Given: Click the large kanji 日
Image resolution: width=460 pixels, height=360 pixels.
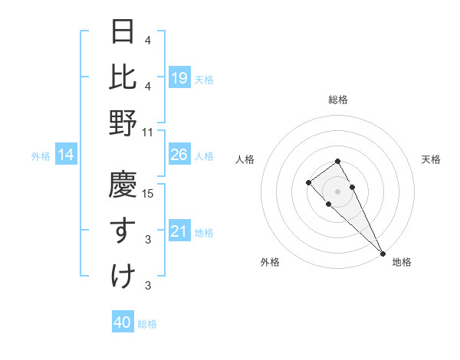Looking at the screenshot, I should (x=123, y=32).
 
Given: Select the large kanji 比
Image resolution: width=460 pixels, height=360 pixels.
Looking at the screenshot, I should (x=123, y=77).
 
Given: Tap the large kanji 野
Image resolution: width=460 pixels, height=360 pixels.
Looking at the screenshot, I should (x=123, y=123).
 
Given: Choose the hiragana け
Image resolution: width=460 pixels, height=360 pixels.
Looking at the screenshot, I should (x=123, y=275).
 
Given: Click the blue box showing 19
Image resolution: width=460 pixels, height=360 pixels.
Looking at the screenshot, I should (x=179, y=77).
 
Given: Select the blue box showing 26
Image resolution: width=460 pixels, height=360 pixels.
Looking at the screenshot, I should (x=179, y=155).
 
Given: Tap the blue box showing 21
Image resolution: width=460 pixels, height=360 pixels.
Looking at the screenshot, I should (x=179, y=231).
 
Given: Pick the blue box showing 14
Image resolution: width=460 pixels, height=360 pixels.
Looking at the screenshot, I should (x=66, y=155).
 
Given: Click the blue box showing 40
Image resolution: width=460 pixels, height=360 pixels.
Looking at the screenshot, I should (x=123, y=322).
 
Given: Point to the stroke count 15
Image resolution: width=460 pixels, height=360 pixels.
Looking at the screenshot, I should (x=149, y=194).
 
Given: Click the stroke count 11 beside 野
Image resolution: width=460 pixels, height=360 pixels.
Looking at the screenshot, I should (x=149, y=132).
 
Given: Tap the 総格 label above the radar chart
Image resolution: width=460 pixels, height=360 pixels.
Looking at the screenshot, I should (x=337, y=100).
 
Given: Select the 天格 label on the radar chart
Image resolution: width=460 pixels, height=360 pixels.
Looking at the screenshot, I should (x=431, y=159).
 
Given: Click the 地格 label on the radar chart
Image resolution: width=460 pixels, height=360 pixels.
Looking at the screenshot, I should (x=402, y=263).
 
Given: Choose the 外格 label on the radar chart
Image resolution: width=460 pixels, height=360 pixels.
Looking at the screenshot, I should (x=270, y=263).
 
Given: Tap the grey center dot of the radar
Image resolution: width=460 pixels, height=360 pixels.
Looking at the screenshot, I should (x=337, y=191).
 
